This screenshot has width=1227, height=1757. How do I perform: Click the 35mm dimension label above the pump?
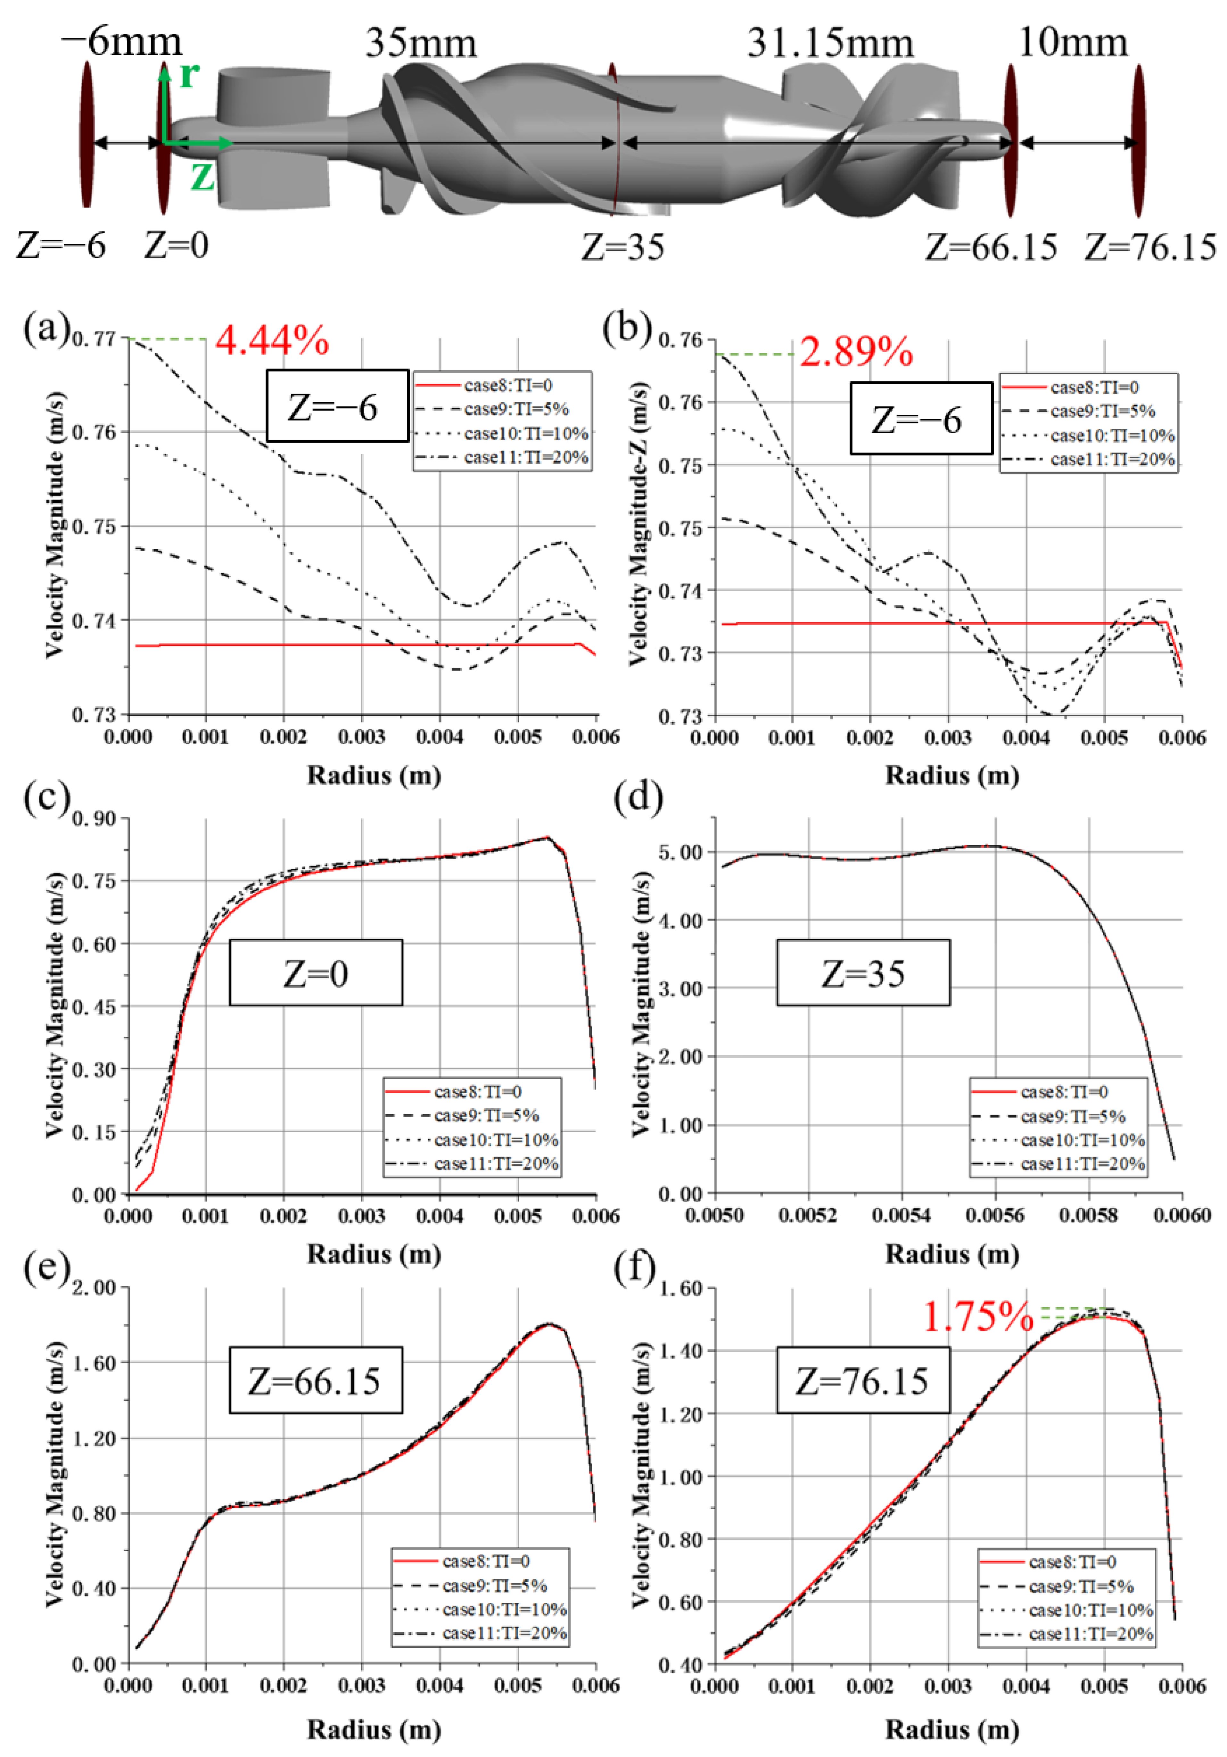(x=421, y=44)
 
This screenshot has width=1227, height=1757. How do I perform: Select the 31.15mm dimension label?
(x=830, y=44)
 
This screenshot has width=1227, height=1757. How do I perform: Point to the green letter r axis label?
(x=189, y=75)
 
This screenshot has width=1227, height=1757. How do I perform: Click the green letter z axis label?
(x=202, y=177)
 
